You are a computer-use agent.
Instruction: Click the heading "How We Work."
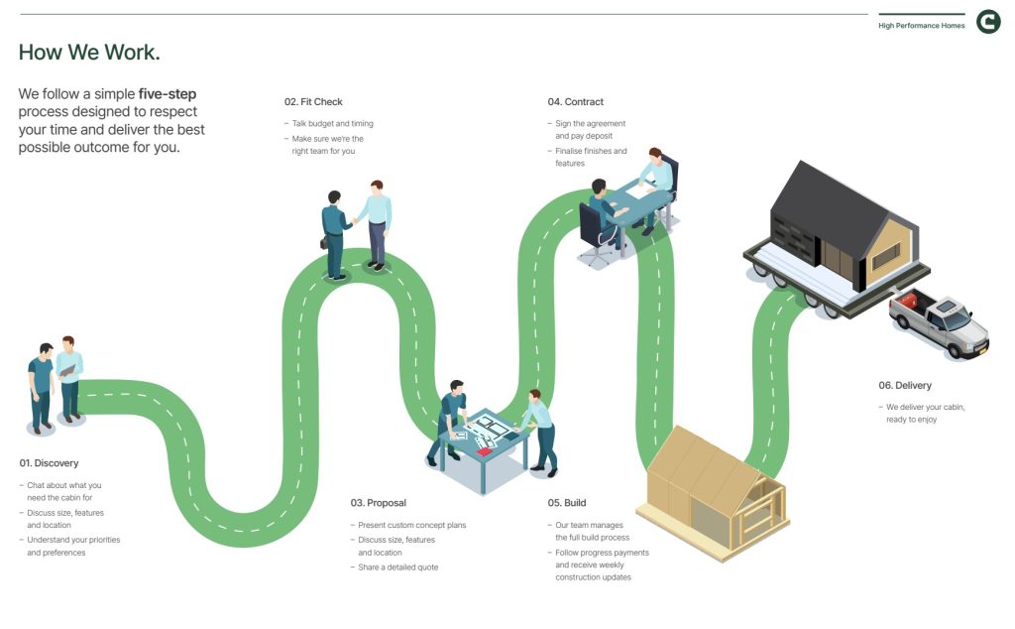89,53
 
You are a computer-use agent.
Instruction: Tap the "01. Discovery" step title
49,463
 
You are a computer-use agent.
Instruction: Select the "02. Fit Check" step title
313,102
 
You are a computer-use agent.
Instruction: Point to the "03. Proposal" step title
378,503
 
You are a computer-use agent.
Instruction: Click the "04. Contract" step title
575,102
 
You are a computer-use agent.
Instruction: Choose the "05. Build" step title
567,503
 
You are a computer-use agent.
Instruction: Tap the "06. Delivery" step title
904,385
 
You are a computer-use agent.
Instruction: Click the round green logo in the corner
988,22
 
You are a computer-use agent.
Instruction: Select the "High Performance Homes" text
921,26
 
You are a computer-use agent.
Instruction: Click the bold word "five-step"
168,94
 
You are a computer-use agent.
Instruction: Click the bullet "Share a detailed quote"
397,567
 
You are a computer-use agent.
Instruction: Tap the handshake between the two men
354,220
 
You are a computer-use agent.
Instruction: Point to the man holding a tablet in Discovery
69,382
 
